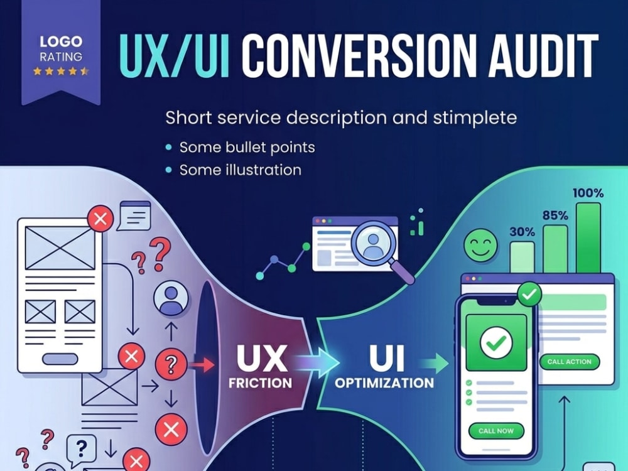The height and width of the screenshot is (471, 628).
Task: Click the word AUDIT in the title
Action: coord(543,55)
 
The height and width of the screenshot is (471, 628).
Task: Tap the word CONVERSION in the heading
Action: coord(359,55)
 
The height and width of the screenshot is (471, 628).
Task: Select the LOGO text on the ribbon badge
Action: coord(61,41)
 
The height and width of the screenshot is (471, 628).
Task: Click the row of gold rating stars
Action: coord(61,72)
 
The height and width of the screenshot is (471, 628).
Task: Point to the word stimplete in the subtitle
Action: coord(475,118)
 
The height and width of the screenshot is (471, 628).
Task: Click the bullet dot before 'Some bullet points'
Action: coord(169,148)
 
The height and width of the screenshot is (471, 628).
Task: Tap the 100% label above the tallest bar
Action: coord(588,193)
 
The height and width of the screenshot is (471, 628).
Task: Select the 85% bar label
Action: coord(555,216)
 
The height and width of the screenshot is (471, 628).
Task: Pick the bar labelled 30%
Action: coord(522,257)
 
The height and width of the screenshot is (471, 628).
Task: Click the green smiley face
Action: coord(480,245)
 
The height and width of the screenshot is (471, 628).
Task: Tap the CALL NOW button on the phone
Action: coord(496,431)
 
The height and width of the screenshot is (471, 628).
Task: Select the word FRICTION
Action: coord(261,383)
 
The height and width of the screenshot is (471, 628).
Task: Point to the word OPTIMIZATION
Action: coord(384,383)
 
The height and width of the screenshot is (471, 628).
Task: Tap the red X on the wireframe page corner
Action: coord(100,219)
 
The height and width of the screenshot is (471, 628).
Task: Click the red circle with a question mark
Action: coord(171,364)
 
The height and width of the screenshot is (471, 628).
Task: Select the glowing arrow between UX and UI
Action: coord(317,362)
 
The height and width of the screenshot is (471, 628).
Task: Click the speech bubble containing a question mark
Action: coord(81,448)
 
